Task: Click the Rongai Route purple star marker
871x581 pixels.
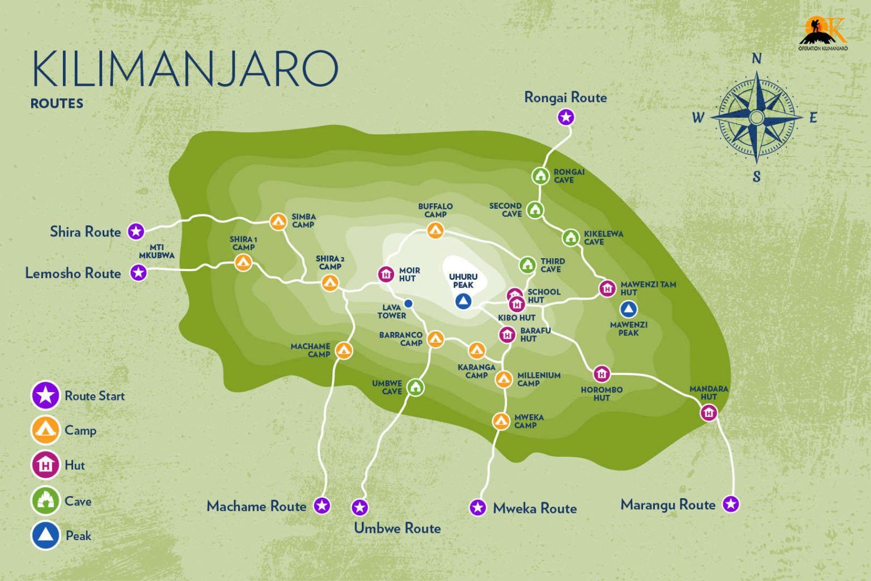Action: click(566, 117)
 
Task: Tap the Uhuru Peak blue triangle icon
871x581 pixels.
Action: click(463, 301)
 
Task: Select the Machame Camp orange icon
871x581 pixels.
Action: click(344, 351)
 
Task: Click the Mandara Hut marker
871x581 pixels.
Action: click(709, 413)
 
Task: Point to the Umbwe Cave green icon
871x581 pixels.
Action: click(416, 388)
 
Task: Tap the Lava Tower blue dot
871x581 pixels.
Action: click(408, 304)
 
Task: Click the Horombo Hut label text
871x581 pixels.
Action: click(602, 394)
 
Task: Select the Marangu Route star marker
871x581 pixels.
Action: click(731, 504)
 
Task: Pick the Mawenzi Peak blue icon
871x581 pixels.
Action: click(628, 309)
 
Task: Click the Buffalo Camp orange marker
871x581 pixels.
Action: click(435, 230)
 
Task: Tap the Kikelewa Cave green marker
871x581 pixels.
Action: click(570, 237)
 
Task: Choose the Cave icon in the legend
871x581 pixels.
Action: click(45, 500)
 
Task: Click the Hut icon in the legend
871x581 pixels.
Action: click(45, 465)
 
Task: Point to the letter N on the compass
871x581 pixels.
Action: click(756, 59)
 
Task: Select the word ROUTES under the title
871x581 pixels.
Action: click(57, 103)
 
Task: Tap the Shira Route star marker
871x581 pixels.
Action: click(136, 231)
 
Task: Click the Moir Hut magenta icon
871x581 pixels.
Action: click(386, 275)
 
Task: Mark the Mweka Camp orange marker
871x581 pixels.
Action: click(501, 421)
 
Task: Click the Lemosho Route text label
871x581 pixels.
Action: click(73, 273)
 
